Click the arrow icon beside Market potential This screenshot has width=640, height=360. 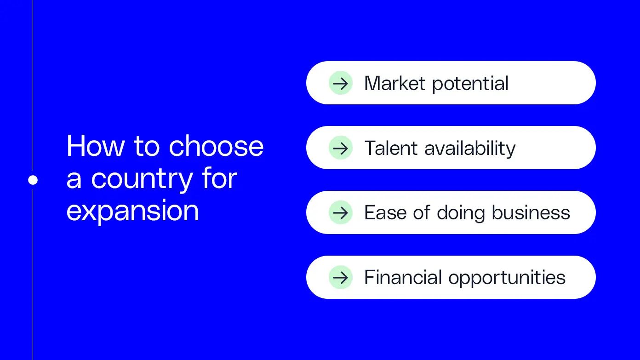(x=341, y=83)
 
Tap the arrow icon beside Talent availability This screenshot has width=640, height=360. (x=341, y=148)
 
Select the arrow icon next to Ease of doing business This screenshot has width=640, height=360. (x=341, y=212)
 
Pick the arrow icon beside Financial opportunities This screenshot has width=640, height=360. (x=341, y=277)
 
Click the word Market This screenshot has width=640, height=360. (x=395, y=83)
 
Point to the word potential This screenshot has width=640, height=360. (x=470, y=84)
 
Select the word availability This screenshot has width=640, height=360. (x=470, y=149)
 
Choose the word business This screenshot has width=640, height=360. (x=531, y=213)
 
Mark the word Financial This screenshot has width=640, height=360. (x=403, y=277)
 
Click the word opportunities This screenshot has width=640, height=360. (x=507, y=278)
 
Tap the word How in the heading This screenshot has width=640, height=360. (x=96, y=146)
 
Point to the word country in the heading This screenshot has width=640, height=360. (x=142, y=181)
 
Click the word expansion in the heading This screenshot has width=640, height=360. (x=132, y=211)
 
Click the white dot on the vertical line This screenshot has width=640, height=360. (x=33, y=180)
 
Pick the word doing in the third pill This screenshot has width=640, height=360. (x=461, y=213)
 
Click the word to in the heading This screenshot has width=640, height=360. (x=147, y=147)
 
